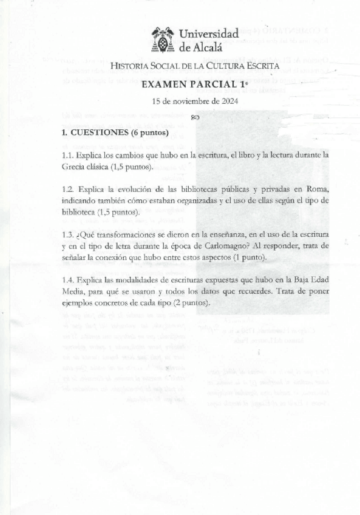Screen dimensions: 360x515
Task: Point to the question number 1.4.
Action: pos(68,280)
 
